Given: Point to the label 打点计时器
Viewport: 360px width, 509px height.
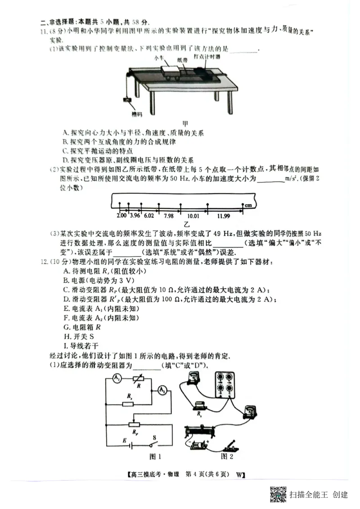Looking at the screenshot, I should (x=207, y=57).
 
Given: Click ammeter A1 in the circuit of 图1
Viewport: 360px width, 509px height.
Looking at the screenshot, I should (x=116, y=379).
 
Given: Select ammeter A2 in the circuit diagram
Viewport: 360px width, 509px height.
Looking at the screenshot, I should (x=161, y=391).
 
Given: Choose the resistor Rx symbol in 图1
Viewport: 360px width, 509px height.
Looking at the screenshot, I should (x=128, y=403).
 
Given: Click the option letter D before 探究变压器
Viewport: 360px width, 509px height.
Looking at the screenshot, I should (x=66, y=160).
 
